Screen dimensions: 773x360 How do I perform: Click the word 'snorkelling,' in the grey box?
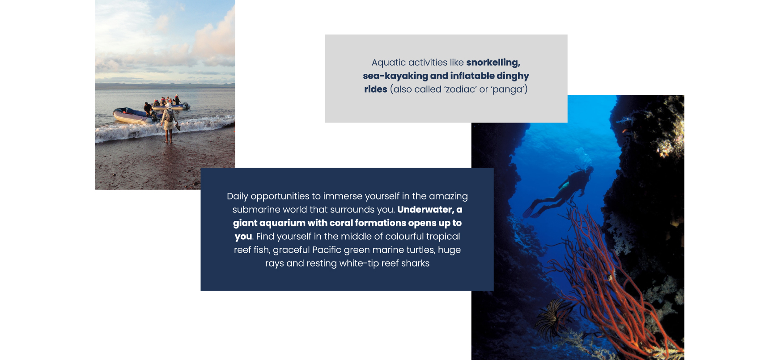pos(493,63)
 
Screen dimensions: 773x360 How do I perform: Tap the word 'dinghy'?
pos(513,76)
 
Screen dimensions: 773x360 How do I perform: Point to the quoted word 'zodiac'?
pos(460,89)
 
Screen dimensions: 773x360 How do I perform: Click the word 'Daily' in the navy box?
pos(238,196)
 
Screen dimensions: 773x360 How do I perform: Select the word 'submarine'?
pos(254,209)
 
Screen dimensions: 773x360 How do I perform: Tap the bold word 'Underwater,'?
pos(425,209)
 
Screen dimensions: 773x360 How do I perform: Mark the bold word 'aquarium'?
pos(282,223)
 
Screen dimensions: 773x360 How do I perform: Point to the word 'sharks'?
pos(415,263)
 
